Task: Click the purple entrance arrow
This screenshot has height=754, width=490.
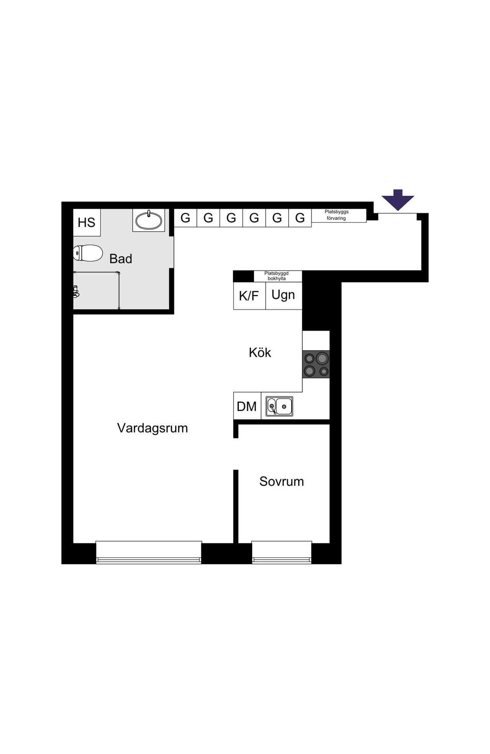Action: point(398,200)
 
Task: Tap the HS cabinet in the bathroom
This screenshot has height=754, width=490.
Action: point(87,222)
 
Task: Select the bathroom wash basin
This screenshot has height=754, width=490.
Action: point(149,220)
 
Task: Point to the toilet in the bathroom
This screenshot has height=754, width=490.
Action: point(88,254)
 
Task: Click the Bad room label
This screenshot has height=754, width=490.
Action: point(121,259)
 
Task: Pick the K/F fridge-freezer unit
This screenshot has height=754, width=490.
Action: point(250,296)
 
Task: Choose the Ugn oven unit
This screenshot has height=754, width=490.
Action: point(284,296)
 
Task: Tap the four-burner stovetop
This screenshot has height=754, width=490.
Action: point(316,365)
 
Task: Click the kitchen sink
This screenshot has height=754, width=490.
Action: point(279,406)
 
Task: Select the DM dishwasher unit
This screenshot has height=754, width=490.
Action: point(247,406)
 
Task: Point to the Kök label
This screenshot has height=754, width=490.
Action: point(260,352)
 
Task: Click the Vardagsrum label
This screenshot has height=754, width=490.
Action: point(152,428)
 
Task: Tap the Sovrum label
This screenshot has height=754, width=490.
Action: point(282,481)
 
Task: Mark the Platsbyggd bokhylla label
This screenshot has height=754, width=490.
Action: point(276,276)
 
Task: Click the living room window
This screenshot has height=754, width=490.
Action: point(149,552)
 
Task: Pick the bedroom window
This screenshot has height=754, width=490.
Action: point(282,552)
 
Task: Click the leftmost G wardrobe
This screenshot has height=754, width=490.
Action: point(185,218)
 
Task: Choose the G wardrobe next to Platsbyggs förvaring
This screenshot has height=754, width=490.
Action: point(300,218)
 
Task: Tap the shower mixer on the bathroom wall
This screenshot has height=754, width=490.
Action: point(76,291)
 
